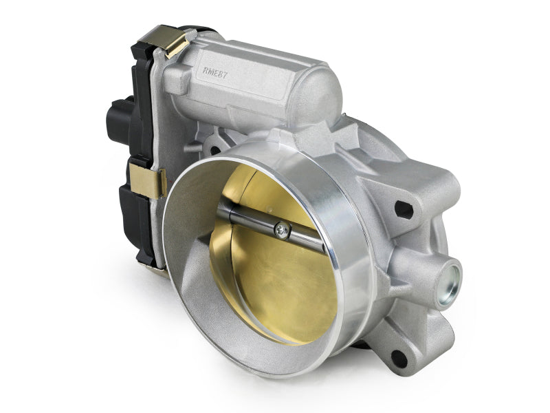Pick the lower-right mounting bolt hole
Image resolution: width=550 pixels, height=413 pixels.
tap(397, 357)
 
